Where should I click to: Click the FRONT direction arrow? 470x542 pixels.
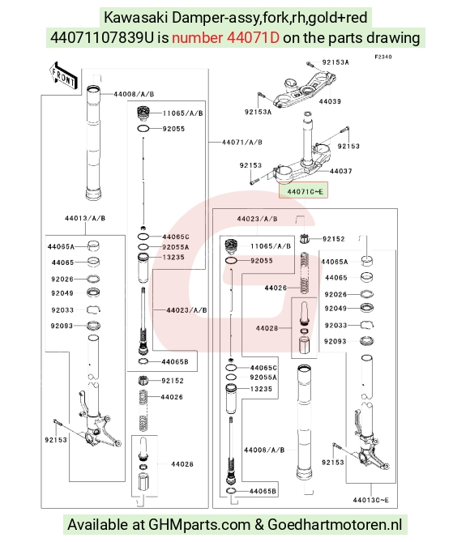coord(64,75)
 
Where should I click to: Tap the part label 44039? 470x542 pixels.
coord(330,101)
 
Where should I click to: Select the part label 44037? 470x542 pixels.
coord(340,171)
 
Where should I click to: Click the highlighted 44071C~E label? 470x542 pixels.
coord(303,190)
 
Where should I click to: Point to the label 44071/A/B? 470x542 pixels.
coord(241,142)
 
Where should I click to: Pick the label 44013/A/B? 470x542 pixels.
coord(85,218)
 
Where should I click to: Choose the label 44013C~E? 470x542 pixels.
coord(370,500)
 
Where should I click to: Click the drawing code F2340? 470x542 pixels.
coord(383,57)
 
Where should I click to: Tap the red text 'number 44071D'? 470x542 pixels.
coord(225,38)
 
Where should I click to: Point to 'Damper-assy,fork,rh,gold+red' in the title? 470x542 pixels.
coord(269,18)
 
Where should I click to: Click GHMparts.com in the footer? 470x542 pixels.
coord(199,524)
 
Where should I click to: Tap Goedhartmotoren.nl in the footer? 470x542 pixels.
coord(335,524)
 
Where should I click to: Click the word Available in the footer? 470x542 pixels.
coord(106,524)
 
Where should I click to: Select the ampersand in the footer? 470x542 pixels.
coord(258,525)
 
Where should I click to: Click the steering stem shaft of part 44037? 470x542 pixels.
coord(306,138)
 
